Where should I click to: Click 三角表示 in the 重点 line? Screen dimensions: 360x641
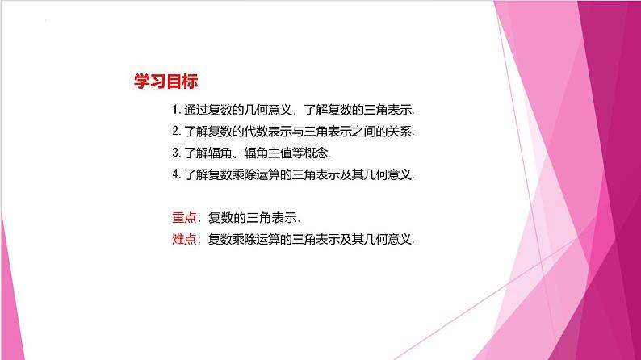270,216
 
